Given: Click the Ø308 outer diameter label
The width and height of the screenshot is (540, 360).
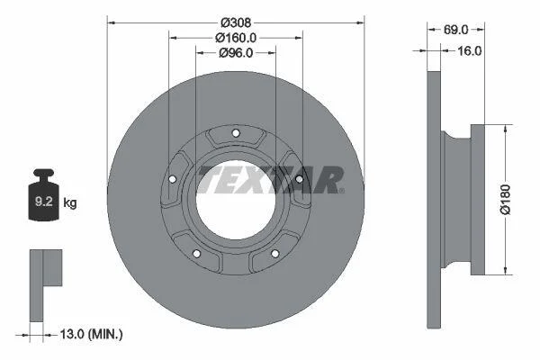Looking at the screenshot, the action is pos(236,22).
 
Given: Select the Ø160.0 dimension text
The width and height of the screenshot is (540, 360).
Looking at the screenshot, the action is pos(236,38).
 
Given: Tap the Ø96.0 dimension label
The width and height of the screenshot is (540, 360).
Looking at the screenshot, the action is pos(236,53).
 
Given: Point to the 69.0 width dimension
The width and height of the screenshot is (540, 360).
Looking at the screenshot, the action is pos(455,30).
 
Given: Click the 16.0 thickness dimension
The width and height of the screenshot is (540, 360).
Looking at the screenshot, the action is pos(470,51).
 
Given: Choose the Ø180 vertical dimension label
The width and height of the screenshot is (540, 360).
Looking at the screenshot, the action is pos(506,199).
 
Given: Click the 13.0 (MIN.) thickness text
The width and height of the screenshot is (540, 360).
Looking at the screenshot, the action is pos(91,334).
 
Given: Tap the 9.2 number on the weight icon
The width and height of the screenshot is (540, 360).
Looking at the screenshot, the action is pos(44,202).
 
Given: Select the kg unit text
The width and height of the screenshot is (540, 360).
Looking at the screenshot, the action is pos(70,202).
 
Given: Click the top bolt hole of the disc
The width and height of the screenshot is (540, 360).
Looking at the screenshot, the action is pos(236,133).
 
